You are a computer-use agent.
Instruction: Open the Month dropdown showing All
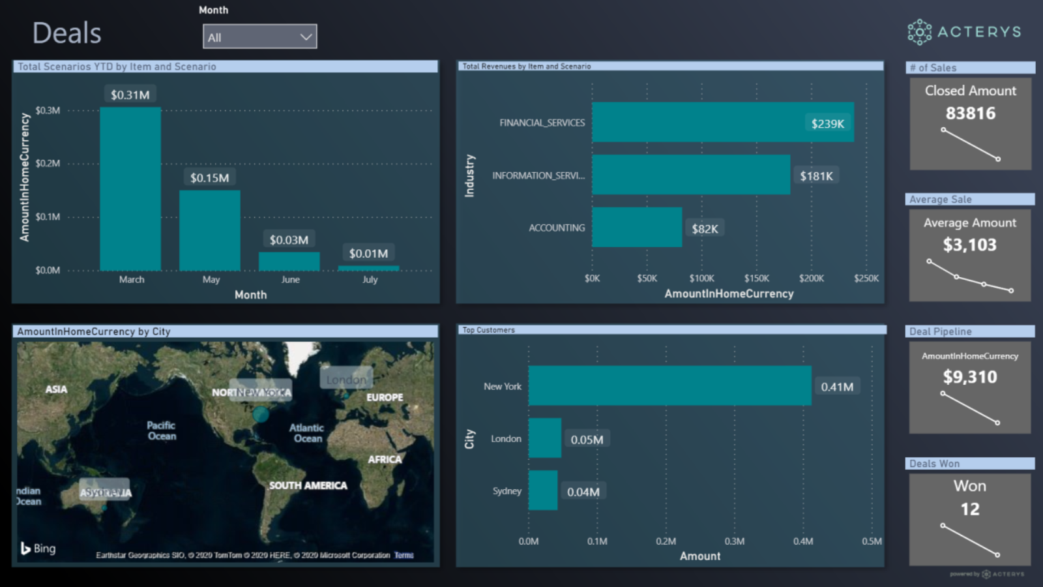(259, 37)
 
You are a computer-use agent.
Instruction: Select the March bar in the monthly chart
(130, 189)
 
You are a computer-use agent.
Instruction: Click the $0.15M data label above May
(209, 178)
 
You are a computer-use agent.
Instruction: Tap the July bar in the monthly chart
(368, 268)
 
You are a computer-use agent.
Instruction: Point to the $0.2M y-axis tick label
(48, 164)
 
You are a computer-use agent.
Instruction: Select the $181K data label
(816, 176)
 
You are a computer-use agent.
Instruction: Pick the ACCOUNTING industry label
(557, 228)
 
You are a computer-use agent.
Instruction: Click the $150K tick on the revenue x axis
(756, 278)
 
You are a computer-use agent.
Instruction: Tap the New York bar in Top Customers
(669, 385)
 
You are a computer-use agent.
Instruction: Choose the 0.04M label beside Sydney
(583, 492)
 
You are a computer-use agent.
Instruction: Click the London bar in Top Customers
(544, 438)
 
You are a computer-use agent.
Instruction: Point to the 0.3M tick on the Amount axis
(734, 541)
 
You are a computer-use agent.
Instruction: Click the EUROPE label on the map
(385, 397)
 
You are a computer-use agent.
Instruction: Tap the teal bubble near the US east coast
(261, 414)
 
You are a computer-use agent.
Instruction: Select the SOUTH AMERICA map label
(308, 486)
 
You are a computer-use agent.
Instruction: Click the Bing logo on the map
(38, 549)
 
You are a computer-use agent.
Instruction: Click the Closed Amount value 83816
(970, 113)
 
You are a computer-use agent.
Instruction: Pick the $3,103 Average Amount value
(969, 245)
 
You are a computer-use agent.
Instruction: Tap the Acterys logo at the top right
(964, 32)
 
